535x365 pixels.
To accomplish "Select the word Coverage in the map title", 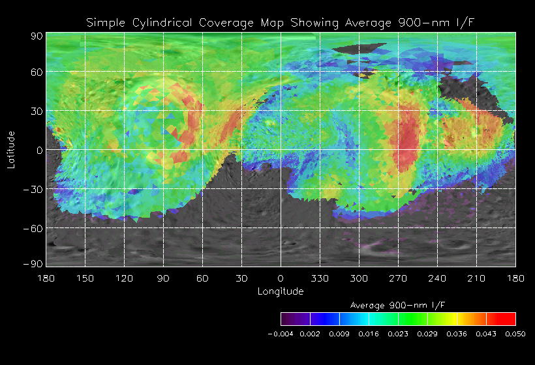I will point(227,23).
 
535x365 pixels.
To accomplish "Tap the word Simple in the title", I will point(107,23).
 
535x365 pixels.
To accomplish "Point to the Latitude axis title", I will point(11,150).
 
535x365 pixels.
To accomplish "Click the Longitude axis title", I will point(281,291).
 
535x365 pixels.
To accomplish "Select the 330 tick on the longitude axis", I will point(320,278).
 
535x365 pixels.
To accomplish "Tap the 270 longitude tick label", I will point(398,278).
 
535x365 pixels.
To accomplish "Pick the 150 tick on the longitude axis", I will point(85,278).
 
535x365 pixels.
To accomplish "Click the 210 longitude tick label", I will point(476,278).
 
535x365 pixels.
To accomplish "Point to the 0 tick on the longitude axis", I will point(281,278).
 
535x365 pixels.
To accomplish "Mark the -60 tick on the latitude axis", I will point(33,228).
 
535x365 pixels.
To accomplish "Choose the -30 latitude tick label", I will point(33,189).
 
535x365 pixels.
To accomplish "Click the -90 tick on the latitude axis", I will point(33,263).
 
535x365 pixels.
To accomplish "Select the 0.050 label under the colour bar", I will point(515,334).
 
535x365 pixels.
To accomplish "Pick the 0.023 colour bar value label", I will point(398,334).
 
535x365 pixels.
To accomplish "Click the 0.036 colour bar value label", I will point(457,334).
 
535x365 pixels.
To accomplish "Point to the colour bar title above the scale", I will point(397,305).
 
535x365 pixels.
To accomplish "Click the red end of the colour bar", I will point(509,319).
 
